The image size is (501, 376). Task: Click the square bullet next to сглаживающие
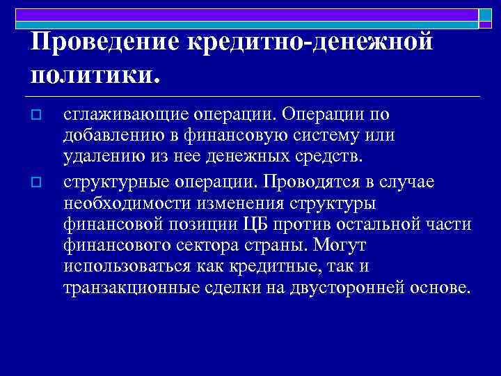click(38, 115)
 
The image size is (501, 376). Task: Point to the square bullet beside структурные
click(38, 183)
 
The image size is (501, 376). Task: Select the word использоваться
click(118, 268)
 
